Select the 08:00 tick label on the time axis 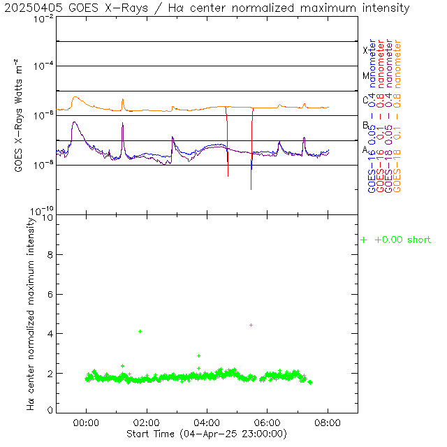(328, 423)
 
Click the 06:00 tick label (268, 423)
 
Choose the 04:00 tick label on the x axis (207, 423)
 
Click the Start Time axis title (207, 434)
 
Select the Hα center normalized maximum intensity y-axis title (31, 313)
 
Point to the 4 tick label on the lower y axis (50, 334)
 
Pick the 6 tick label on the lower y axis (50, 295)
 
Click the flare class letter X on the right (365, 50)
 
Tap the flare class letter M (365, 75)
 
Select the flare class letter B (365, 125)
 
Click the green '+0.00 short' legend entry (397, 240)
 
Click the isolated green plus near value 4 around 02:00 (140, 331)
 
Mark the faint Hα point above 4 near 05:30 (251, 325)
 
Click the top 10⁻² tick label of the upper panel (43, 18)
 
